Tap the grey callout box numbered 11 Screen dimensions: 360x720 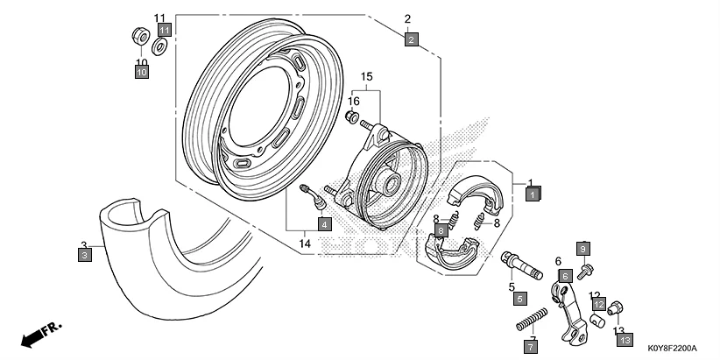(164, 31)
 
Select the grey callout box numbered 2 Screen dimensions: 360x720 (412, 39)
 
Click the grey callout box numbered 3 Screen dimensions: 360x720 (84, 256)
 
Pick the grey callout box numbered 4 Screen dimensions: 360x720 (324, 224)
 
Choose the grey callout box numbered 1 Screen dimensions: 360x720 (533, 194)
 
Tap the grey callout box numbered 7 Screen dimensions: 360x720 (530, 348)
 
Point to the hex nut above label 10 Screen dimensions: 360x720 (138, 37)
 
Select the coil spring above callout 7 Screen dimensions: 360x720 (532, 317)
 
